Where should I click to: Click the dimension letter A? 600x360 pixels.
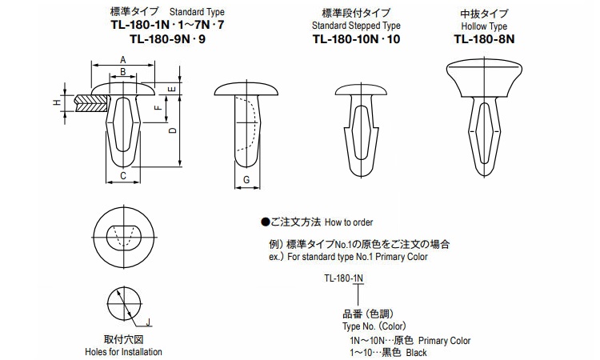tap(122, 60)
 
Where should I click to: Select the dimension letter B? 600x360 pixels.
tap(122, 73)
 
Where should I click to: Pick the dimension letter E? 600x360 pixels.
tap(174, 88)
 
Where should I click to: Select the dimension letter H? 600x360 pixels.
tap(56, 103)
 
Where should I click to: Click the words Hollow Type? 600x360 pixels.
tap(485, 26)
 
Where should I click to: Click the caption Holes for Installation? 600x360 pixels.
tap(123, 352)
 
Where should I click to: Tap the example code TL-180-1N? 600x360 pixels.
tap(343, 278)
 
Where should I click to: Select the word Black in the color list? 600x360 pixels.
tap(417, 352)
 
